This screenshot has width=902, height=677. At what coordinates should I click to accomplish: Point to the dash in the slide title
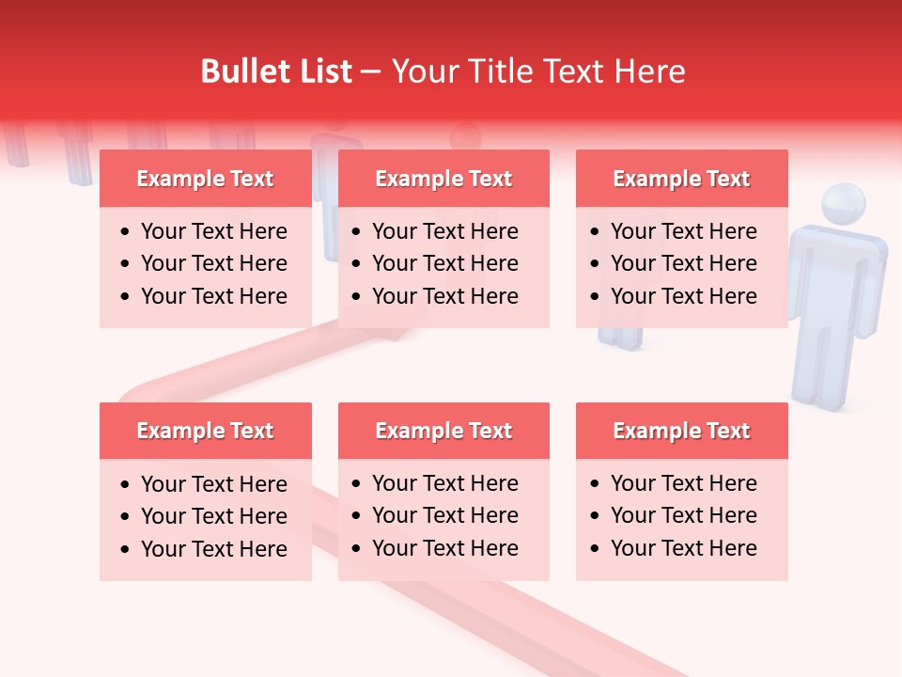(x=371, y=72)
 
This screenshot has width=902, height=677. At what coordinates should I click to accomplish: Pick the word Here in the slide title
(x=648, y=71)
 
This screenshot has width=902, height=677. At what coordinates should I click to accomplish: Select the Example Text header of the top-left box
(x=205, y=179)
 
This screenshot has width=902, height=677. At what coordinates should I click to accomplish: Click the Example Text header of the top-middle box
(x=443, y=179)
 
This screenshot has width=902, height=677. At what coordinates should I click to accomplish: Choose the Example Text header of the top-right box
(x=681, y=179)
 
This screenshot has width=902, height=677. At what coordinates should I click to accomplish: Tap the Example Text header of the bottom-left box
(x=205, y=431)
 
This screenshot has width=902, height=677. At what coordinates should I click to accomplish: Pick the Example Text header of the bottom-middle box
(x=443, y=431)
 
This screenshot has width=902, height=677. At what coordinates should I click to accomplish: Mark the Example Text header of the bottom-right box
(x=681, y=431)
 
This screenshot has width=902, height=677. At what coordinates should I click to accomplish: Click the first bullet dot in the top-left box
(x=126, y=232)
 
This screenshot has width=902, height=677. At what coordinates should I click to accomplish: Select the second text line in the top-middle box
(x=444, y=263)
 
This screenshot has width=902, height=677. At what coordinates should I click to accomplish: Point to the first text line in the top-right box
(x=683, y=231)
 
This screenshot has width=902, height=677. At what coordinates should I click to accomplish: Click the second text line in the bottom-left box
(x=213, y=516)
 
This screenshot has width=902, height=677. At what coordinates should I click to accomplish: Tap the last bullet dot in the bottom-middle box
(x=357, y=549)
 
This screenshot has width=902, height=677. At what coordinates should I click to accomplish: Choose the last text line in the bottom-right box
(x=683, y=548)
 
